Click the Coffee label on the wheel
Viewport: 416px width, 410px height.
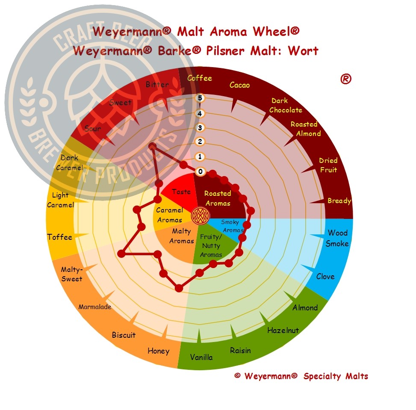[x=200, y=78]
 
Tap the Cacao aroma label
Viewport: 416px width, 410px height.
[x=239, y=85]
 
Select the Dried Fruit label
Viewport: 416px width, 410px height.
[x=328, y=165]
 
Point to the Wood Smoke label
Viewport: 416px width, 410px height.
[x=337, y=238]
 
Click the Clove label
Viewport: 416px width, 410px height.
[x=325, y=277]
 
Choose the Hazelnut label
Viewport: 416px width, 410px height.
[x=283, y=330]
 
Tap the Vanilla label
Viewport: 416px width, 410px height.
[x=201, y=357]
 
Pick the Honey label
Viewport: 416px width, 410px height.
[x=158, y=351]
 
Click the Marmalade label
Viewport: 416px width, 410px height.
[x=95, y=307]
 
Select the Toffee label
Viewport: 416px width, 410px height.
[x=60, y=237]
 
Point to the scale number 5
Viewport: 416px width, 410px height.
[x=200, y=98]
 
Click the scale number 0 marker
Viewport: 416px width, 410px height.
[x=201, y=171]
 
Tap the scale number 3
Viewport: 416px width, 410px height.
[x=200, y=128]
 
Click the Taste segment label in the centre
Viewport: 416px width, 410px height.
[x=181, y=192]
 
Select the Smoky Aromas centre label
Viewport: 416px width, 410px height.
[x=232, y=226]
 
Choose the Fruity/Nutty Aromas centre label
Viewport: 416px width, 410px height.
[x=211, y=245]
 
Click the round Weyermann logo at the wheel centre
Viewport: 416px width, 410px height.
[x=201, y=215]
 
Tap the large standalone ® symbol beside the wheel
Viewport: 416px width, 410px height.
[x=346, y=79]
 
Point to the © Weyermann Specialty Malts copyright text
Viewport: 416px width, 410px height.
[x=301, y=376]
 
